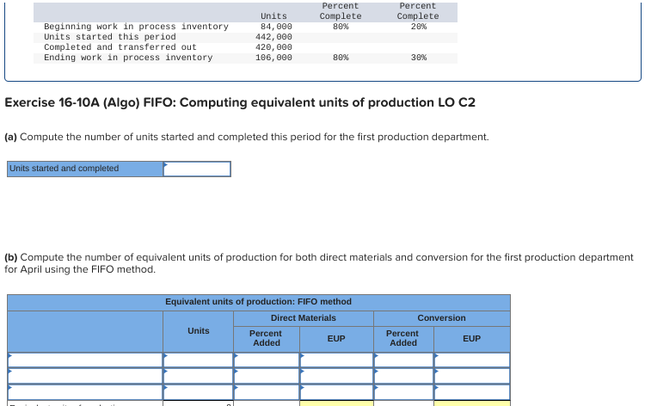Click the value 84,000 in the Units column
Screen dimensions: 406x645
pyautogui.click(x=276, y=27)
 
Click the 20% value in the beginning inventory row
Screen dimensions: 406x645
pyautogui.click(x=418, y=27)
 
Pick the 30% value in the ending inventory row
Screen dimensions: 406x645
pyautogui.click(x=418, y=58)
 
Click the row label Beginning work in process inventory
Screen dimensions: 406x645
pyautogui.click(x=136, y=27)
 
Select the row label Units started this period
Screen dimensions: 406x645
pyautogui.click(x=97, y=37)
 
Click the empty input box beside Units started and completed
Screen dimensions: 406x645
pyautogui.click(x=197, y=169)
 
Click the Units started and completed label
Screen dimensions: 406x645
pyautogui.click(x=64, y=169)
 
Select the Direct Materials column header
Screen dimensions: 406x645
pyautogui.click(x=303, y=318)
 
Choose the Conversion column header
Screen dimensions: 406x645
pyautogui.click(x=441, y=318)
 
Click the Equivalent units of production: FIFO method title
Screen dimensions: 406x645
pyautogui.click(x=258, y=302)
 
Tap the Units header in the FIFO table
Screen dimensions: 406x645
pyautogui.click(x=198, y=330)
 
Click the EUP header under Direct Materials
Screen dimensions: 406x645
pyautogui.click(x=336, y=339)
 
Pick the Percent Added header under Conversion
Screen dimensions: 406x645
pyautogui.click(x=402, y=338)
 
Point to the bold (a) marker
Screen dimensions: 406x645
pyautogui.click(x=11, y=138)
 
